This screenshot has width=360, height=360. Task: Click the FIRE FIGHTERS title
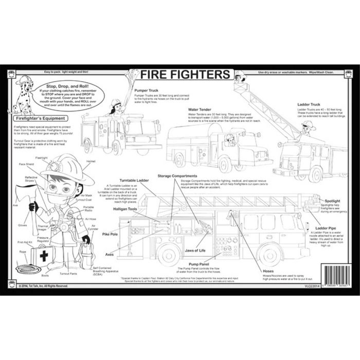(x=186, y=75)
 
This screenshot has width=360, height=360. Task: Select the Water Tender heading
(x=200, y=109)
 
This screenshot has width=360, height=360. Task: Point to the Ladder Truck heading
(x=309, y=104)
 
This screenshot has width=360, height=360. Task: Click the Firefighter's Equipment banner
(x=40, y=118)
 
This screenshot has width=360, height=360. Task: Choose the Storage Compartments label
(x=177, y=176)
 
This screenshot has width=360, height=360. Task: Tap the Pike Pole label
(x=110, y=234)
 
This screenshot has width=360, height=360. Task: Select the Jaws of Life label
(x=195, y=250)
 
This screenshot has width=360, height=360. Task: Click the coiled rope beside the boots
(x=26, y=268)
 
